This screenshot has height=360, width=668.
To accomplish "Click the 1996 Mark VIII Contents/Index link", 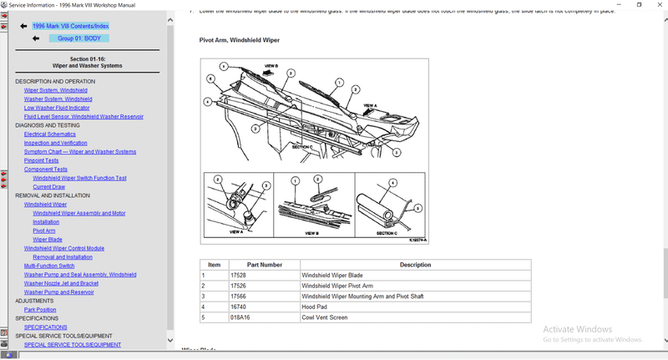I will pyautogui.click(x=70, y=26).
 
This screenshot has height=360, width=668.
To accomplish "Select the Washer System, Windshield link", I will pyautogui.click(x=58, y=99).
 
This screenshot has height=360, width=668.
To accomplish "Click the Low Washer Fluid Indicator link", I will pyautogui.click(x=57, y=108).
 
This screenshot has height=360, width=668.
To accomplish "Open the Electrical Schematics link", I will pyautogui.click(x=49, y=134).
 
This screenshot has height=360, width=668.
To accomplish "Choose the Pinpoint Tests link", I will pyautogui.click(x=42, y=160).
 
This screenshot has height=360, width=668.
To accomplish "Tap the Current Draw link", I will pyautogui.click(x=48, y=186).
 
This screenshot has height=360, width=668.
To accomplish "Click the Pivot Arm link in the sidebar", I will pyautogui.click(x=44, y=231).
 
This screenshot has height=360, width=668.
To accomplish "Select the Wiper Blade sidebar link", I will pyautogui.click(x=48, y=240).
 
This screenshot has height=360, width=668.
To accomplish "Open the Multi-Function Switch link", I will pyautogui.click(x=55, y=266).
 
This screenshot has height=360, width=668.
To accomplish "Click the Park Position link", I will pyautogui.click(x=40, y=309).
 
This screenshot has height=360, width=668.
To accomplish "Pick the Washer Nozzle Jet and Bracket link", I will pyautogui.click(x=61, y=283).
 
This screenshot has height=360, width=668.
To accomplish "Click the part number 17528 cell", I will pyautogui.click(x=238, y=275).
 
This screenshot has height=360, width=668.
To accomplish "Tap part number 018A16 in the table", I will pyautogui.click(x=240, y=317).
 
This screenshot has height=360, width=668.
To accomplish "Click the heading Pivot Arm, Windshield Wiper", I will pyautogui.click(x=239, y=40).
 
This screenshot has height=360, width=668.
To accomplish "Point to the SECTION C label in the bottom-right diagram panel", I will pyautogui.click(x=387, y=233).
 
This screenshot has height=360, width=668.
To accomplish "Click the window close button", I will pyautogui.click(x=657, y=5).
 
